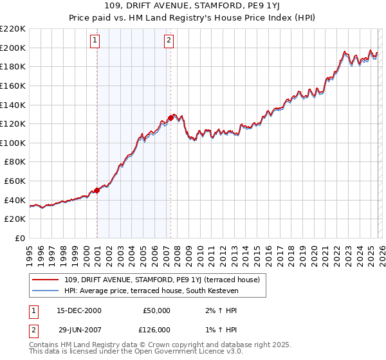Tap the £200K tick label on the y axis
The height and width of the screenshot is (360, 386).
pyautogui.click(x=13, y=48)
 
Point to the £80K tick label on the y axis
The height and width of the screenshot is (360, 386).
pyautogui.click(x=15, y=162)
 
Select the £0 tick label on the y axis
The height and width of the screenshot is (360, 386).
pyautogui.click(x=20, y=239)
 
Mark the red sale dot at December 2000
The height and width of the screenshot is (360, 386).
pyautogui.click(x=97, y=190)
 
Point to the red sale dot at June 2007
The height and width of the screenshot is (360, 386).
pyautogui.click(x=170, y=118)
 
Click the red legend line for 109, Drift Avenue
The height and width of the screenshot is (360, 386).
pyautogui.click(x=46, y=280)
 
